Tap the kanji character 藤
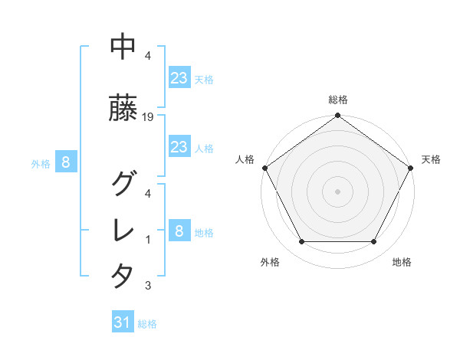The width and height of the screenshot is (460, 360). [x=123, y=110]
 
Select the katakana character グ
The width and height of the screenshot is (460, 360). [x=123, y=183]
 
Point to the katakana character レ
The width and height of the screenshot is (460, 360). [x=123, y=230]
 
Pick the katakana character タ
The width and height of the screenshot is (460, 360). [x=123, y=276]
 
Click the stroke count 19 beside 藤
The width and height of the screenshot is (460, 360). [x=149, y=117]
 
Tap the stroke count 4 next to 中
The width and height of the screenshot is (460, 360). [x=147, y=56]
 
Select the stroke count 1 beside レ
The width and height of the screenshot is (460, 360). [x=147, y=240]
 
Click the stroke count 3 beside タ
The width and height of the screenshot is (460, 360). [x=147, y=286]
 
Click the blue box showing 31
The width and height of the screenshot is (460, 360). [x=123, y=323]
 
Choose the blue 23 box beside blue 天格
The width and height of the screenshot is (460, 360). [x=179, y=79]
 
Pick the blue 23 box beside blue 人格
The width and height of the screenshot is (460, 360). [x=179, y=148]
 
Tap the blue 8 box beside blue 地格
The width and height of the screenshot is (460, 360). [x=179, y=232]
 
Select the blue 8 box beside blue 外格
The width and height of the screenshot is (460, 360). [x=66, y=162]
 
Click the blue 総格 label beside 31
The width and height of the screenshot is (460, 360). [x=147, y=324]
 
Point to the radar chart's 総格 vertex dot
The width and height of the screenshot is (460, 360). [x=337, y=116]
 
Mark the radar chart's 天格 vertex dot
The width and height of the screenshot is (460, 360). [x=412, y=168]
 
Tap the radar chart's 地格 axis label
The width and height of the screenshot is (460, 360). [x=402, y=262]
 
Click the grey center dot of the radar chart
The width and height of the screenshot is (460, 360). [x=337, y=191]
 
